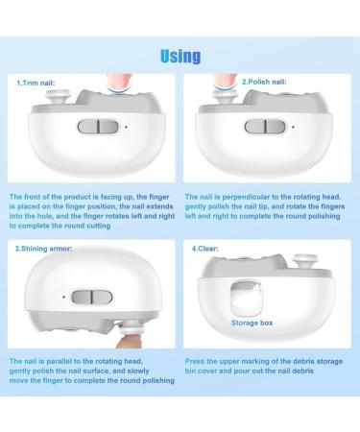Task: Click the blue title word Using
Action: coord(180,56)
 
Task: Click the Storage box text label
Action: coord(251,323)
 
